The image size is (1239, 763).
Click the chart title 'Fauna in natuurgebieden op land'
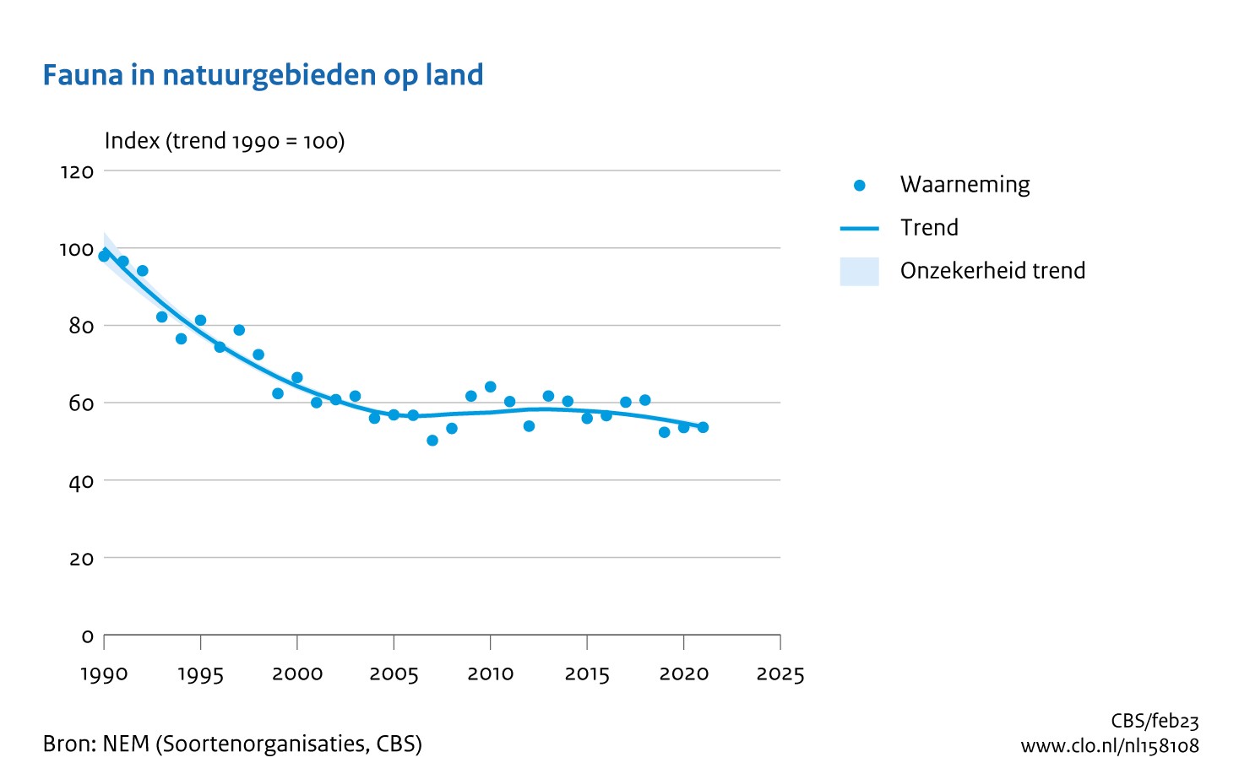click(263, 75)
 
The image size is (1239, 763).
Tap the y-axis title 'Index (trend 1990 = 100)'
click(225, 141)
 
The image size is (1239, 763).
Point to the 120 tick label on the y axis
click(77, 172)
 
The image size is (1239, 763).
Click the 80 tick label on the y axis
click(81, 327)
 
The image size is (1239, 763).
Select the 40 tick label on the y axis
click(81, 482)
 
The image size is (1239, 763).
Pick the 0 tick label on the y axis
click(87, 636)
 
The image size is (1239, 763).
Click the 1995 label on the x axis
click(200, 674)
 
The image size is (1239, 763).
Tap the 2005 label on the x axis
click(394, 674)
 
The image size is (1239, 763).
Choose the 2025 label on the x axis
click(780, 674)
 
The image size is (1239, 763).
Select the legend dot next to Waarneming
click(860, 186)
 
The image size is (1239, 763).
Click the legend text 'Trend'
click(929, 228)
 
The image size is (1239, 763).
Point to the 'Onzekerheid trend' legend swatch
click(859, 271)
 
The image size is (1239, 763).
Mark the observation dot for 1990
click(104, 256)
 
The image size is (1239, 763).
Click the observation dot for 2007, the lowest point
click(432, 441)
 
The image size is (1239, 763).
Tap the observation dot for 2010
click(491, 387)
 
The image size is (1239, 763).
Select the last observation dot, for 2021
click(703, 427)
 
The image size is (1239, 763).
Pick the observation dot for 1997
click(239, 330)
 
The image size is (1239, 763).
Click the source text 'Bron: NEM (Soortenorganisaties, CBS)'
click(232, 744)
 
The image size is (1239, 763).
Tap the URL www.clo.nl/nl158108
click(1109, 746)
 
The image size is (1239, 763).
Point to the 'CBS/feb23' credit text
click(1155, 721)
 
